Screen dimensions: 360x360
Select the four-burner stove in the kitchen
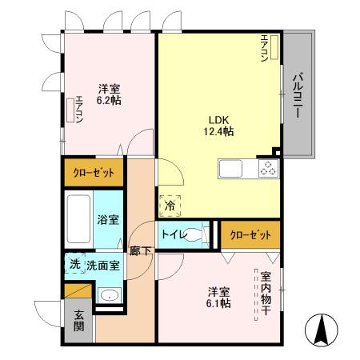point(267,169)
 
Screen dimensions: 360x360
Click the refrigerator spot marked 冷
point(170,206)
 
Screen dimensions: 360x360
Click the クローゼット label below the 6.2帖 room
point(94,173)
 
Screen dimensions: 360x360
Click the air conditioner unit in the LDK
point(273,50)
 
